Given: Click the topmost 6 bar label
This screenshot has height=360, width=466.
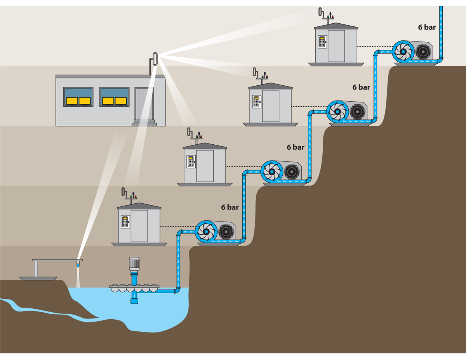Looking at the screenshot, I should pyautogui.click(x=427, y=28).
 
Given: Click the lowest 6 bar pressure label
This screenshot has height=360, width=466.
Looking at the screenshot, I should pyautogui.click(x=230, y=208).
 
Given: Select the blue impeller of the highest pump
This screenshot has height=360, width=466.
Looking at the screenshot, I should pyautogui.click(x=403, y=52).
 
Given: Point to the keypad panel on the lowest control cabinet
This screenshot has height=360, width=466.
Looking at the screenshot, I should pyautogui.click(x=125, y=222).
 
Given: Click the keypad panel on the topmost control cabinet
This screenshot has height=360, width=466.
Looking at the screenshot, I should pyautogui.click(x=322, y=42).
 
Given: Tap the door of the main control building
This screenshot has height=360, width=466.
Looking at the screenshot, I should pyautogui.click(x=144, y=104).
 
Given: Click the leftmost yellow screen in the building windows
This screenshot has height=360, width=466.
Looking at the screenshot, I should pyautogui.click(x=72, y=101).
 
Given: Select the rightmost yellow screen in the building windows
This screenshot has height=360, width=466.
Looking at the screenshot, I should pyautogui.click(x=121, y=101).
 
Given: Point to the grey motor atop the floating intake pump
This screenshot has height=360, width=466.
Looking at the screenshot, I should pyautogui.click(x=134, y=264).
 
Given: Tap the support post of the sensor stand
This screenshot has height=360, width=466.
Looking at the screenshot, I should pyautogui.click(x=36, y=269).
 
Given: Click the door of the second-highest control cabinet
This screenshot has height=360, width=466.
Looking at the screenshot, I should pyautogui.click(x=270, y=106).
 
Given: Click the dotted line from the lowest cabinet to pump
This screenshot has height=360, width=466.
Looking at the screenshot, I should pyautogui.click(x=177, y=226).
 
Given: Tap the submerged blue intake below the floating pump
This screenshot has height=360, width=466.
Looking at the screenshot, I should pyautogui.click(x=134, y=298).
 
